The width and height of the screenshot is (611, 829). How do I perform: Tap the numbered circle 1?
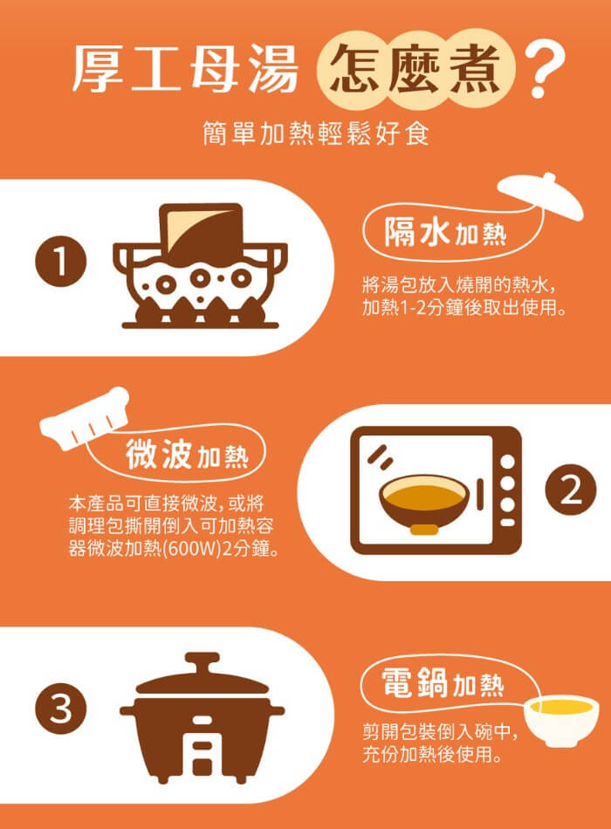[x=60, y=261]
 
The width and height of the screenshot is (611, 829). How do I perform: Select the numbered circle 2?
[x=570, y=490]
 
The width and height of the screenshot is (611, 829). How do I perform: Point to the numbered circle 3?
[x=60, y=709]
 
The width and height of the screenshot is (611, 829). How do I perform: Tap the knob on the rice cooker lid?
[x=202, y=661]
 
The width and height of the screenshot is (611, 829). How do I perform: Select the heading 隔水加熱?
[x=445, y=233]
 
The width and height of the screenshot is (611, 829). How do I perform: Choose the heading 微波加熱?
[x=187, y=454]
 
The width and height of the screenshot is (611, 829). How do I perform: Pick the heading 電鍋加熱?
[x=443, y=682]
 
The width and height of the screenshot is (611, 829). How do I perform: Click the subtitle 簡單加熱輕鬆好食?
[x=316, y=134]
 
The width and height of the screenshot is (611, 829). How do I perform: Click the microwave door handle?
[x=480, y=494]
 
